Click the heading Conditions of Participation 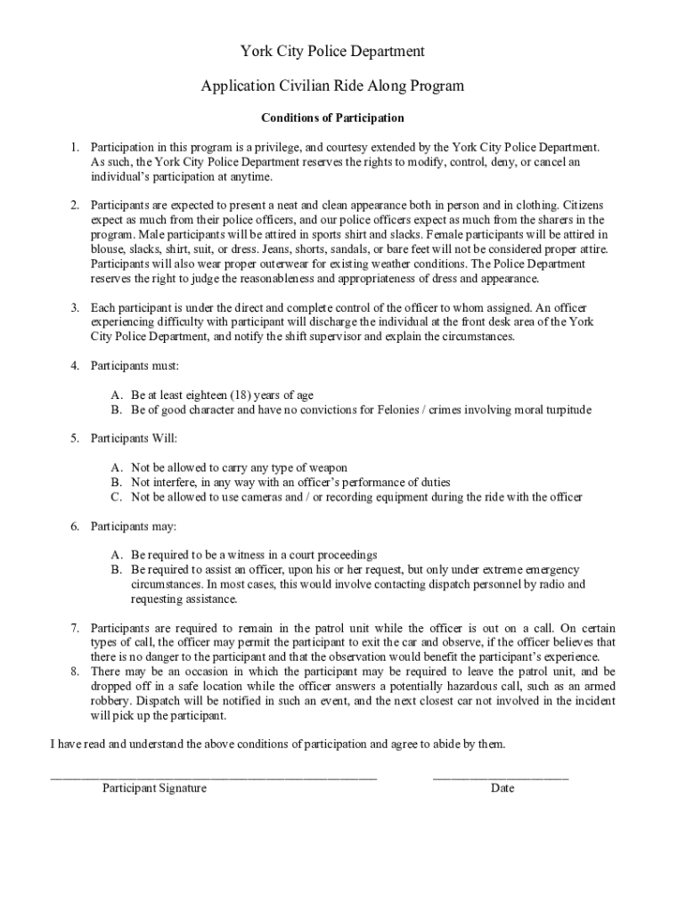(x=332, y=118)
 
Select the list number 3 (x=76, y=307)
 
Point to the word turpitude (x=563, y=410)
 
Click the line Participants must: (x=135, y=365)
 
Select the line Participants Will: (x=135, y=438)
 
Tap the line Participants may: (x=134, y=525)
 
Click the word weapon (x=327, y=468)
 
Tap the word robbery (x=110, y=701)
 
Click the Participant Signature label (x=154, y=788)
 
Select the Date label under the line (x=502, y=788)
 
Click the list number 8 (x=76, y=672)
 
